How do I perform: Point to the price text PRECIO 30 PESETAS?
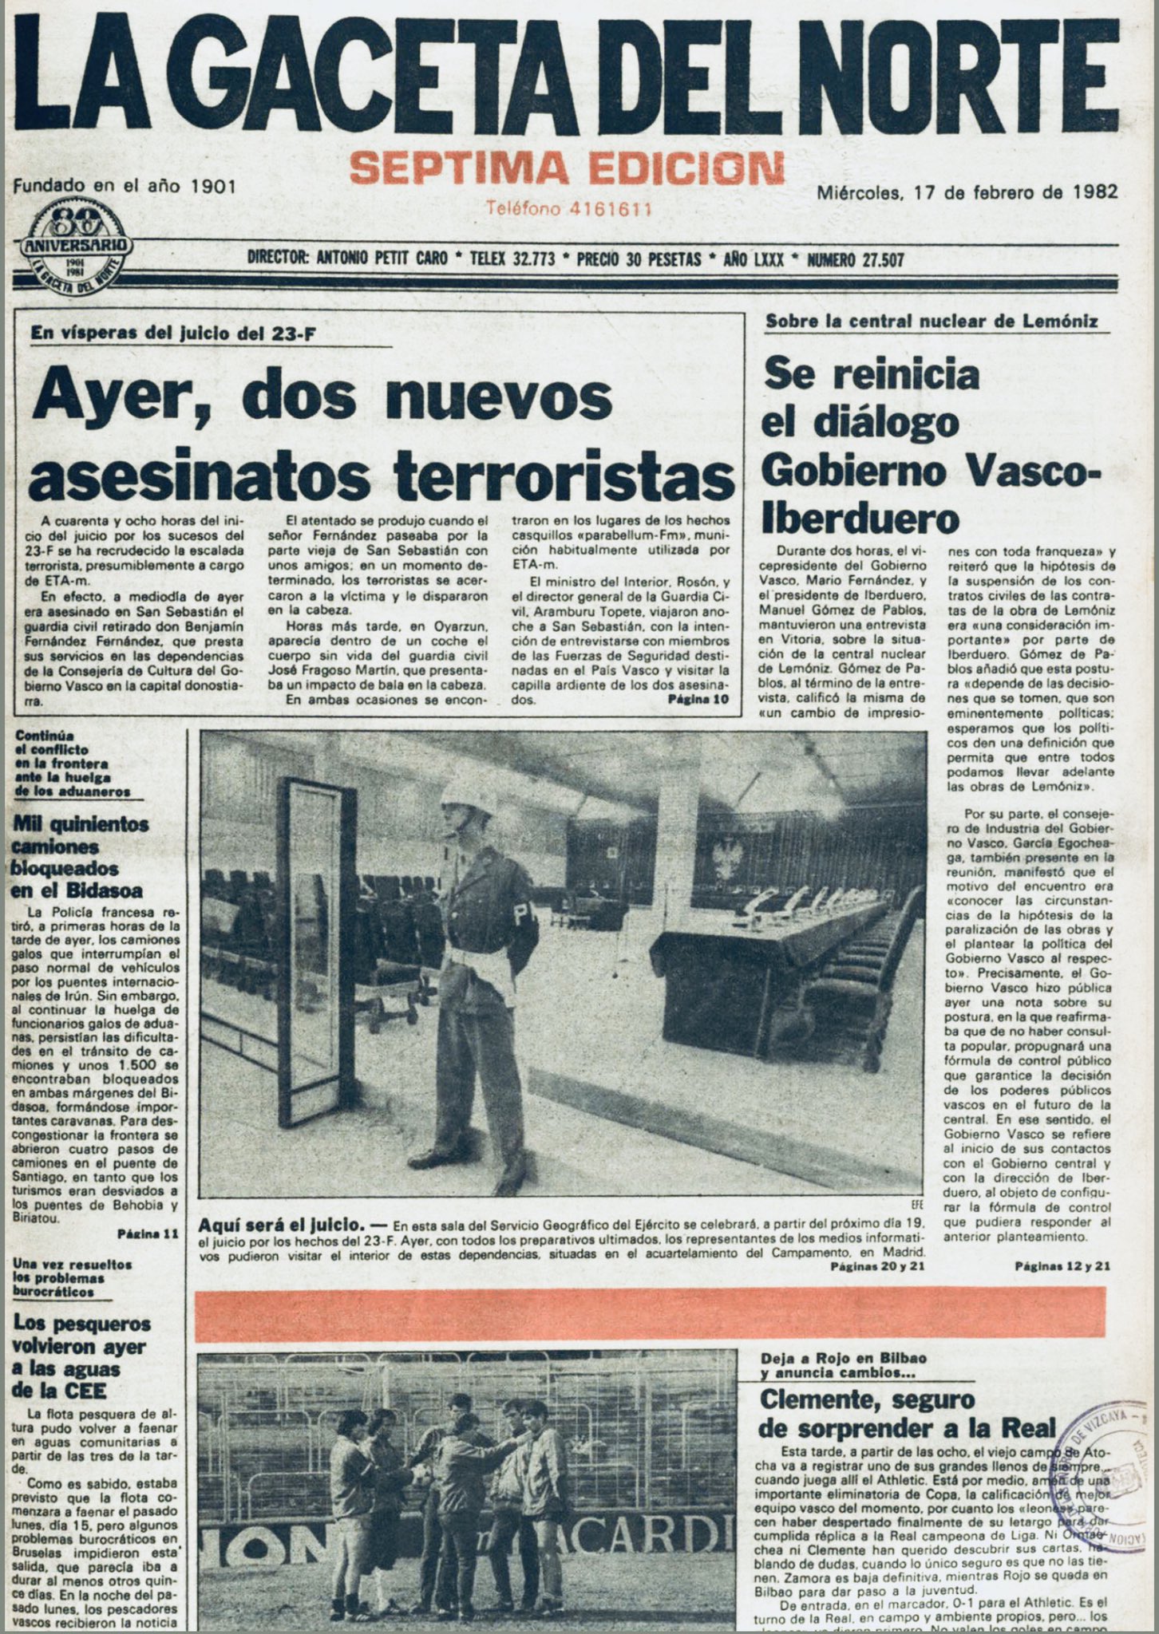[x=638, y=259]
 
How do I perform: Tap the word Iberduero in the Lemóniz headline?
[x=860, y=519]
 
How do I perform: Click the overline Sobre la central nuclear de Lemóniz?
[x=932, y=322]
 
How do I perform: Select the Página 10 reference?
[x=699, y=699]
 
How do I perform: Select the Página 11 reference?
[x=148, y=1233]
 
